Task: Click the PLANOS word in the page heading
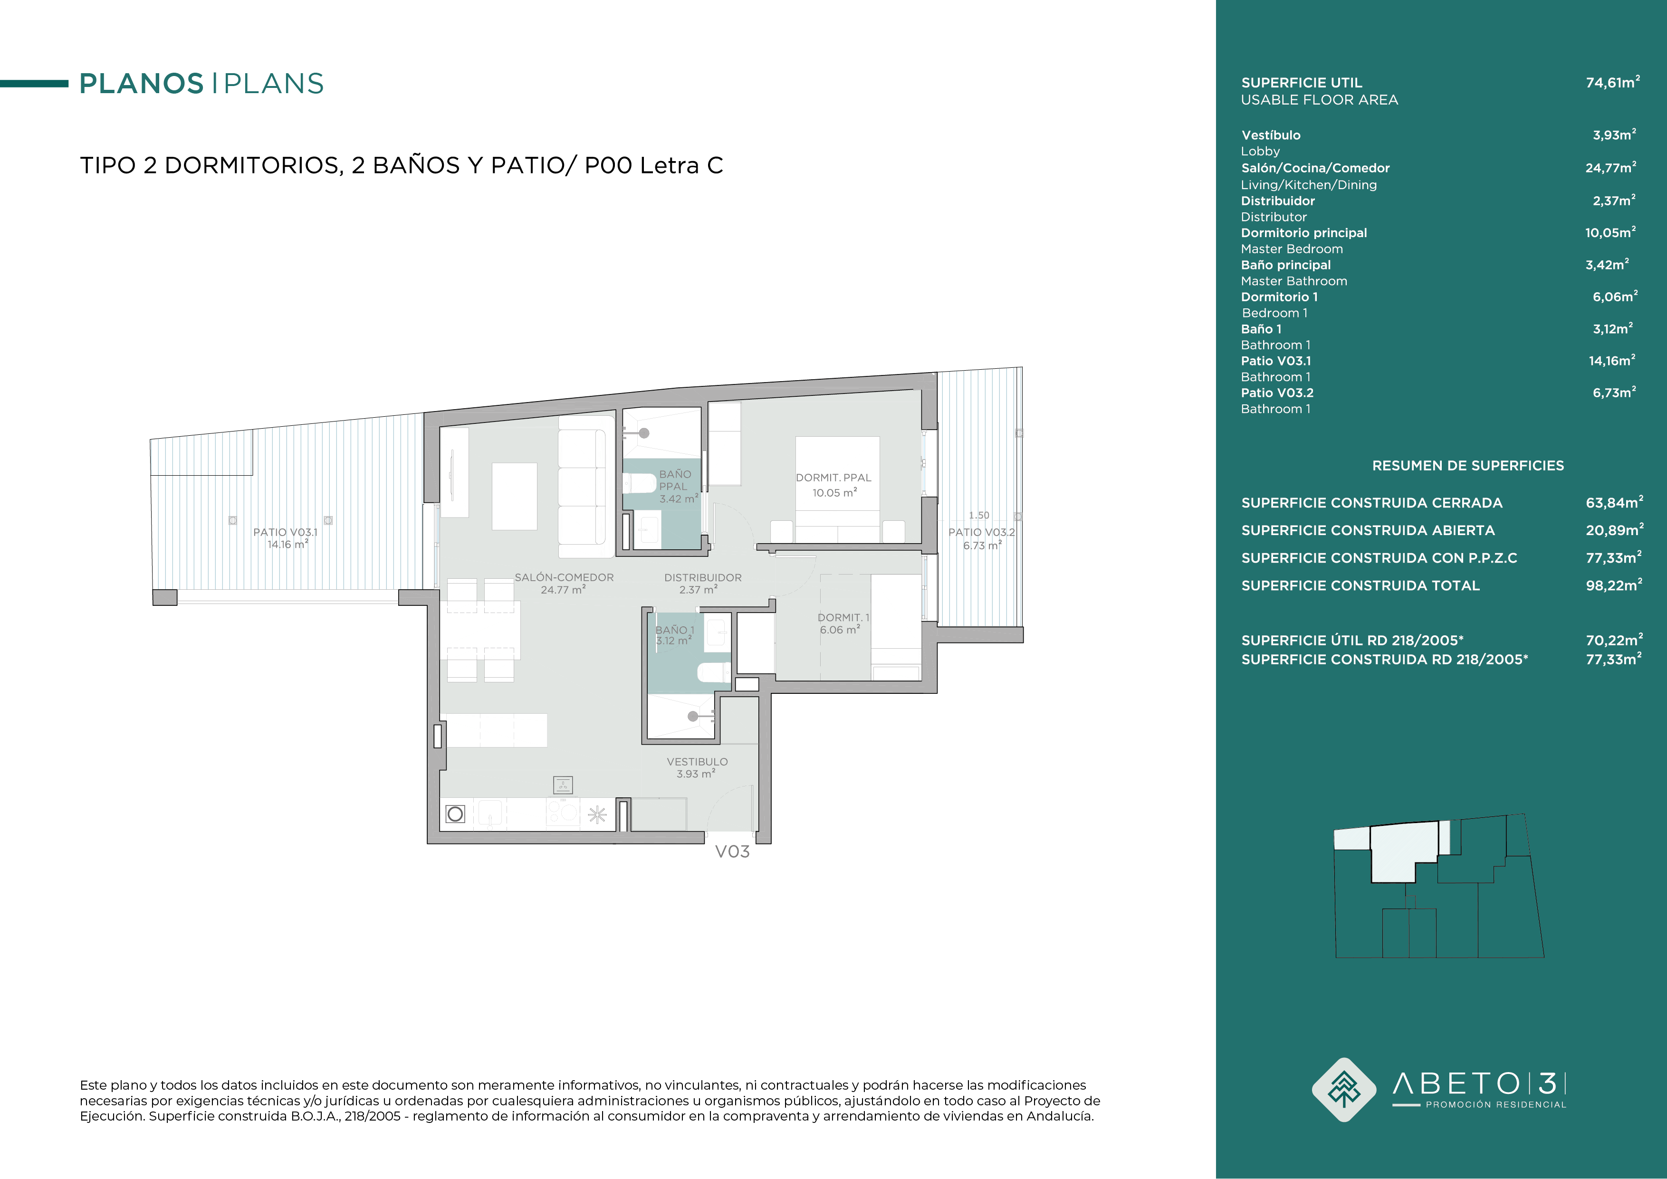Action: click(142, 84)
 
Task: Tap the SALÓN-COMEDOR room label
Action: click(564, 578)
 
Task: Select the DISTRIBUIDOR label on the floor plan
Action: click(703, 578)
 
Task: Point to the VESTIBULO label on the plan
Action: click(697, 762)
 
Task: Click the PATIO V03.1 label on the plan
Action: click(285, 532)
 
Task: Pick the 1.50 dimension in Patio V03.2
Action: click(979, 516)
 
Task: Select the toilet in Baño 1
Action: click(714, 673)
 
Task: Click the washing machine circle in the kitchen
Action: click(455, 814)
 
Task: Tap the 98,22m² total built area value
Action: click(1614, 585)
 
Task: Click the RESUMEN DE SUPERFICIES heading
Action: click(1468, 465)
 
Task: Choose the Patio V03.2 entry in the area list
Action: click(1277, 393)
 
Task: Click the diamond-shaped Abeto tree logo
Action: click(1344, 1090)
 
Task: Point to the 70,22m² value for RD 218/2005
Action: click(1614, 640)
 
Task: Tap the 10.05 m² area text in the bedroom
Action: click(834, 492)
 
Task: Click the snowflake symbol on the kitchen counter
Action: click(597, 815)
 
